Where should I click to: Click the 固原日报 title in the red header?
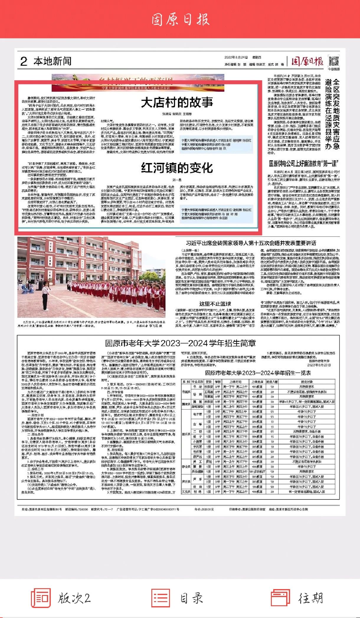[180, 19]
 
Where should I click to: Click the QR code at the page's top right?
[334, 61]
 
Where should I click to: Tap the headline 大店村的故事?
[177, 103]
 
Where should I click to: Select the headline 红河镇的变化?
[177, 168]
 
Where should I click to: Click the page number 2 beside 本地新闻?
[24, 61]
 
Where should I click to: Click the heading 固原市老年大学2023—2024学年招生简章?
[180, 343]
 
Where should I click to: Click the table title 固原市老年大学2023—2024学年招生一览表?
[258, 373]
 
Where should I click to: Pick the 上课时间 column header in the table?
[235, 382]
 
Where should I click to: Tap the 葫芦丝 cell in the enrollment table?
[197, 456]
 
